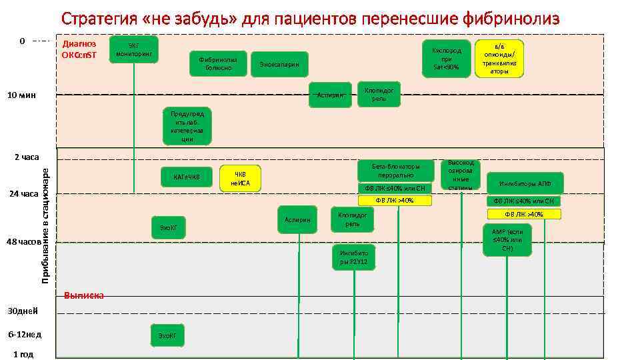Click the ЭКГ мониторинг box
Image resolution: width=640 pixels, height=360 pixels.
click(x=134, y=49)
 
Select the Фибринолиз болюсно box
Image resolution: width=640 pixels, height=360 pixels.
click(x=218, y=63)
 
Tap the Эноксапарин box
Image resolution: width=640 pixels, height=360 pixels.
click(x=280, y=65)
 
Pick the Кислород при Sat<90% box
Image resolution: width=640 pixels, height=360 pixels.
click(x=446, y=58)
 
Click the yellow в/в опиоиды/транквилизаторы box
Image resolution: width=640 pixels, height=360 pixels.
click(x=500, y=58)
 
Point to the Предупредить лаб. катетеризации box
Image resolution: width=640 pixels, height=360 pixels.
click(x=187, y=126)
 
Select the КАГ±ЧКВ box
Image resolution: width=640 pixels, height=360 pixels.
click(x=187, y=177)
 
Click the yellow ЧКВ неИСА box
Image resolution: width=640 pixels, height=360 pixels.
click(x=240, y=179)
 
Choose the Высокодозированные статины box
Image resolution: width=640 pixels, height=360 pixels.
click(x=461, y=175)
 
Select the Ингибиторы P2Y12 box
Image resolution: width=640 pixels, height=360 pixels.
click(x=353, y=259)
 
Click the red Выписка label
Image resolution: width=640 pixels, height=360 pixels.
click(x=83, y=295)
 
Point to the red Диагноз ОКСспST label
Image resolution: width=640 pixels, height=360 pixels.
click(x=79, y=49)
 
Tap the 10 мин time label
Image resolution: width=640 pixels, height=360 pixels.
click(x=21, y=95)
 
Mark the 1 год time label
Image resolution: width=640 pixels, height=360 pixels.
click(x=23, y=354)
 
